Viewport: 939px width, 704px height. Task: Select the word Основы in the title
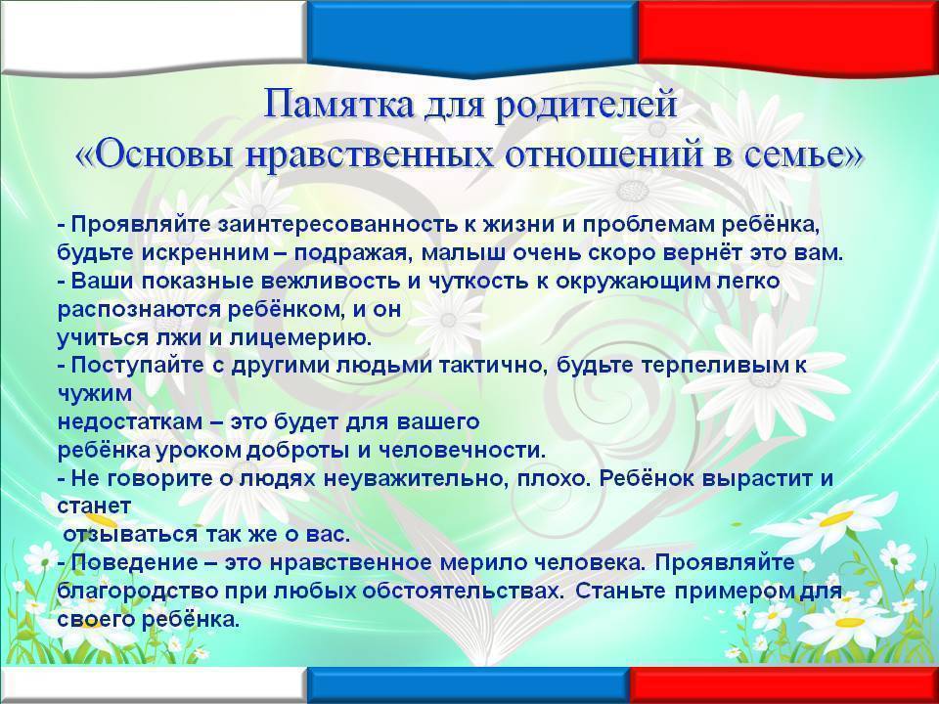click(159, 154)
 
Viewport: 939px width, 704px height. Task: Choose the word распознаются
click(140, 310)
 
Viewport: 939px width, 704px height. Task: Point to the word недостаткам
click(129, 421)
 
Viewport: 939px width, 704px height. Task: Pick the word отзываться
click(130, 534)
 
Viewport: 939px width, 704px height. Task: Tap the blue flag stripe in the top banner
click(471, 35)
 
